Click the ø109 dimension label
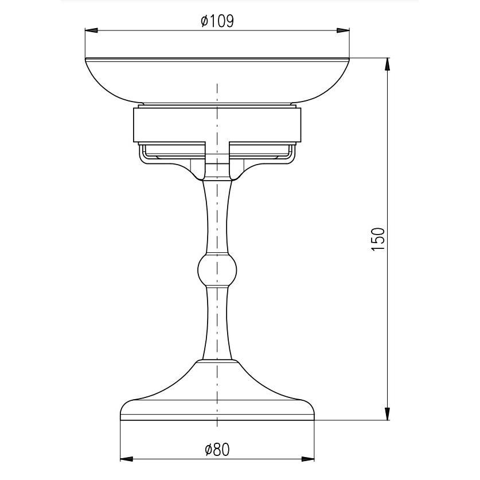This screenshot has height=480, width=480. (217, 21)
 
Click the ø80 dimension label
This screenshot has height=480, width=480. (217, 450)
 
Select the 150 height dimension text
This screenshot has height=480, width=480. (378, 239)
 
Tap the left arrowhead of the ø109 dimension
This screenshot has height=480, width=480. (91, 30)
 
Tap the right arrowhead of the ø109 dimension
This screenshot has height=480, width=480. (343, 30)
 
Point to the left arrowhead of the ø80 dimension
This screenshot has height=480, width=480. (127, 459)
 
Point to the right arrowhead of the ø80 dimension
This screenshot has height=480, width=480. (308, 459)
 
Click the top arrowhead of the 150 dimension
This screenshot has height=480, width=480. (387, 64)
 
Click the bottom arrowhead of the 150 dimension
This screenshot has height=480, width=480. (387, 413)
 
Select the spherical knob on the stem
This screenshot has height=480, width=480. (217, 270)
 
